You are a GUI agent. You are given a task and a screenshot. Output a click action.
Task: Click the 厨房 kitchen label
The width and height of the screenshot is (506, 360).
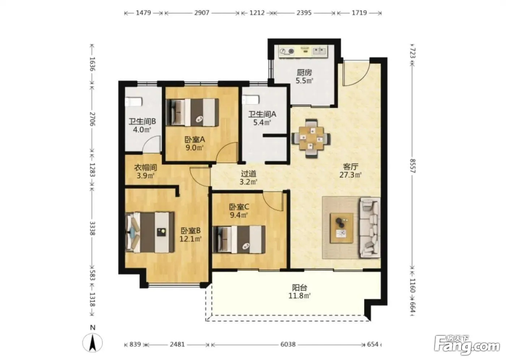click(x=304, y=73)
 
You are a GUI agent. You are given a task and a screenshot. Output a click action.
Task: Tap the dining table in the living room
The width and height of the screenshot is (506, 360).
click(x=311, y=138)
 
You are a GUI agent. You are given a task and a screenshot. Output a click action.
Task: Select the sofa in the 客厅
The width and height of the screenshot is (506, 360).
click(x=370, y=228)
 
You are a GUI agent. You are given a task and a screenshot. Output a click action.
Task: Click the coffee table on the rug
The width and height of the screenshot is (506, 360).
click(x=342, y=228)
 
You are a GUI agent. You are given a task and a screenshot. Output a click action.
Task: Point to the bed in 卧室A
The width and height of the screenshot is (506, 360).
click(x=192, y=112)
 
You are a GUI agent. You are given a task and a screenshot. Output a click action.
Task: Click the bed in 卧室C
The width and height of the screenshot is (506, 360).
click(x=239, y=239)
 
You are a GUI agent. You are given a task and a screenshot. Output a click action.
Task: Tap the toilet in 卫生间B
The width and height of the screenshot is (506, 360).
click(x=134, y=102)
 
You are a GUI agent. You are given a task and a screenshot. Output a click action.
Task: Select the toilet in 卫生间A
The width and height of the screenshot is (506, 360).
click(x=250, y=100)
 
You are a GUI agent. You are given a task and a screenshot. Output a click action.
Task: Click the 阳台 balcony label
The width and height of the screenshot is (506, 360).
click(x=300, y=287)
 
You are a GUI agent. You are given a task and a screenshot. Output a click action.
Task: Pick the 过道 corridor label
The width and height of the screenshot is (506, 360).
click(x=249, y=173)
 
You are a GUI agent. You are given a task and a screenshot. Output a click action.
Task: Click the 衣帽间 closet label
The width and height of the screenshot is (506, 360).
click(x=145, y=167)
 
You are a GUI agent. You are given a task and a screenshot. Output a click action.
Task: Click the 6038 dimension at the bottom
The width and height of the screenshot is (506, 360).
click(x=288, y=344)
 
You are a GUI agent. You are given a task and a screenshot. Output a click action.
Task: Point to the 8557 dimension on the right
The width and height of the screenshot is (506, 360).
click(x=413, y=166)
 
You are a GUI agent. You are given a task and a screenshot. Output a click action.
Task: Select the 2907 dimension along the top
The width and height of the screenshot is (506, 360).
click(x=202, y=13)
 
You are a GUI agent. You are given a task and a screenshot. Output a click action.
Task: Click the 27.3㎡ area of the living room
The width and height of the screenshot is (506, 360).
click(x=350, y=175)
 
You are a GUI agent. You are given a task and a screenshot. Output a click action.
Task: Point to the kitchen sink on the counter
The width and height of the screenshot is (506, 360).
click(x=320, y=51)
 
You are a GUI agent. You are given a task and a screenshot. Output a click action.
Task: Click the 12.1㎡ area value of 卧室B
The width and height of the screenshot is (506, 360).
click(x=190, y=239)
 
